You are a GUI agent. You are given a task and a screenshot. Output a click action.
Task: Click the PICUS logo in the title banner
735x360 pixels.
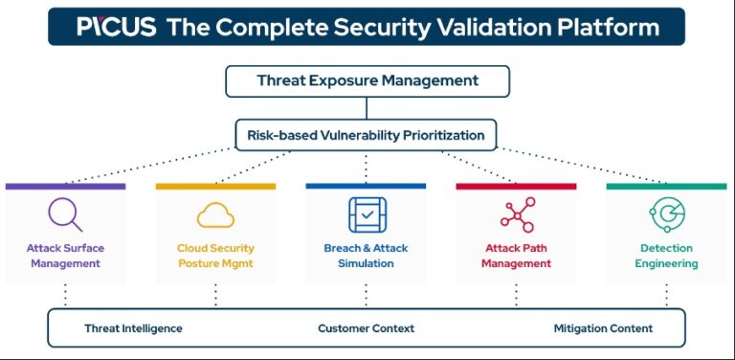coord(116,27)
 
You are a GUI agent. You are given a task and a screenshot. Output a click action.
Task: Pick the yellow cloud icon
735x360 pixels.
coord(215,214)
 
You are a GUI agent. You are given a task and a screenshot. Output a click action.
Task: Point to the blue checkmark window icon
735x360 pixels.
coord(366,214)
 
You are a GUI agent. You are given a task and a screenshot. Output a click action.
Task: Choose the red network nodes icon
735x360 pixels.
coord(516,214)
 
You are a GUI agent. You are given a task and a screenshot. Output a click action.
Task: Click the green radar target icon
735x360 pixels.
coord(666,214)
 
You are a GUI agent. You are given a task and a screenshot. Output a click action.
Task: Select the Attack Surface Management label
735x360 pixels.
coord(65,256)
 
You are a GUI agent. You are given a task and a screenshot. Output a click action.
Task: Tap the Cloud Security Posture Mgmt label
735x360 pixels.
coord(215,256)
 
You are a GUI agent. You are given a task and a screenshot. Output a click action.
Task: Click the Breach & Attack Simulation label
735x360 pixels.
coord(366,256)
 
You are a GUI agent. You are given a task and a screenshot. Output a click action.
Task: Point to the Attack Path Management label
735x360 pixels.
coord(516,256)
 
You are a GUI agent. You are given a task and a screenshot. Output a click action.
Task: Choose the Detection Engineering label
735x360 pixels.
coord(666,256)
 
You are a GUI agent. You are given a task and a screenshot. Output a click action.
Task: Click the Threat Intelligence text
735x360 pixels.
coord(133,328)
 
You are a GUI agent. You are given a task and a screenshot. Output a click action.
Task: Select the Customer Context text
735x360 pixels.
coord(366,328)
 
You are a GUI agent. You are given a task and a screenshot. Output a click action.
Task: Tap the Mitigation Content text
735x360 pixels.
coord(603,328)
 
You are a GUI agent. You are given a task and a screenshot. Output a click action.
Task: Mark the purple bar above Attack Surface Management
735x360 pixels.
coord(65,186)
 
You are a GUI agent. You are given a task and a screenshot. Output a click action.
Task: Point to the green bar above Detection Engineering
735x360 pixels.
coord(666,186)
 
